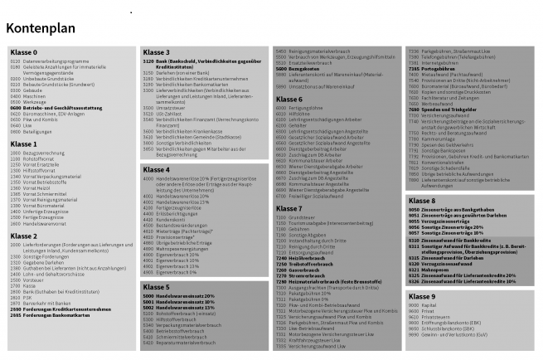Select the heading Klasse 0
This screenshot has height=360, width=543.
click(24, 53)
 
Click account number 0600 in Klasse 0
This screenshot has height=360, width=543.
click(16, 108)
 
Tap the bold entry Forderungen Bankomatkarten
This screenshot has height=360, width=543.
click(66, 292)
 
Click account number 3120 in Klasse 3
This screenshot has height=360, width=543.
click(148, 61)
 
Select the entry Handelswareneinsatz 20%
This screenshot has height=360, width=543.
click(187, 295)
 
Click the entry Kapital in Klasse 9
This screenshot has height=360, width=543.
click(428, 305)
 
